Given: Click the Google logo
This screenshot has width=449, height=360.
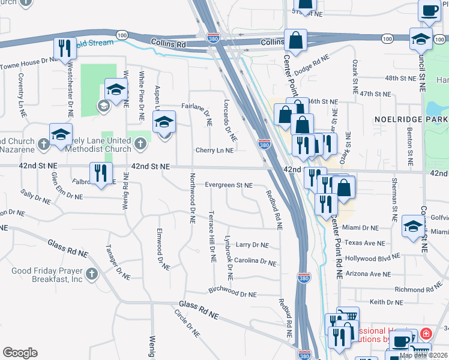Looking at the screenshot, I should pos(20,353).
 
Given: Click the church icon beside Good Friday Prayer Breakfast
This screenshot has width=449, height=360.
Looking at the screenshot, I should pos(91,274).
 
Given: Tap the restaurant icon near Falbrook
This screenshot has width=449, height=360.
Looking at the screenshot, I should pos(100,174).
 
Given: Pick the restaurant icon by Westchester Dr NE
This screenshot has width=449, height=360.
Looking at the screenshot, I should pos(65,49).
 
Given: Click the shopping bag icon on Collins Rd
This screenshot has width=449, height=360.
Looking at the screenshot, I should pos(295,41).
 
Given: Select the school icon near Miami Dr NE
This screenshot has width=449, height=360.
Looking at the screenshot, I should pos(413,227).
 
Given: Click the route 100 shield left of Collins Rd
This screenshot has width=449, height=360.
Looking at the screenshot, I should pos(122,36).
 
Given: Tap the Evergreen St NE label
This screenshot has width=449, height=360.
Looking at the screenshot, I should pos(229,185).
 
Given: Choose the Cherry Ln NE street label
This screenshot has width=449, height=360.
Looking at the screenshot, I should pos(214,151).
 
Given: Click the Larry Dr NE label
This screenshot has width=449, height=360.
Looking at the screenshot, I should pos(252,245).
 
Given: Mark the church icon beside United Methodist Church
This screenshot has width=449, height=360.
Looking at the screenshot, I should pos(140,143).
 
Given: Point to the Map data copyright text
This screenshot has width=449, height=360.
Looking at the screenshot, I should pos(423,355).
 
